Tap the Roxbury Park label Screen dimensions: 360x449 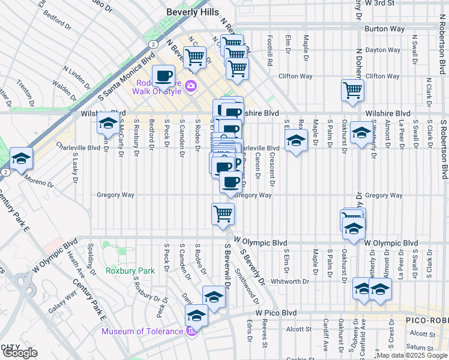tap(130, 271)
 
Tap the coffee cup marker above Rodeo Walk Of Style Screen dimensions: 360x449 tap(163, 76)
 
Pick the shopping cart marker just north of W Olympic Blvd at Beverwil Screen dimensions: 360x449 tap(223, 213)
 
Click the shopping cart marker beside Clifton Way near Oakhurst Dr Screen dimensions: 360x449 tap(352, 90)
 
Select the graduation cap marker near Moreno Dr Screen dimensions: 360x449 tap(21, 160)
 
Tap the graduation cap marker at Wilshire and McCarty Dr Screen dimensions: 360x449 tap(107, 124)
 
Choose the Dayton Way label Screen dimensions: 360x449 tap(382, 50)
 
